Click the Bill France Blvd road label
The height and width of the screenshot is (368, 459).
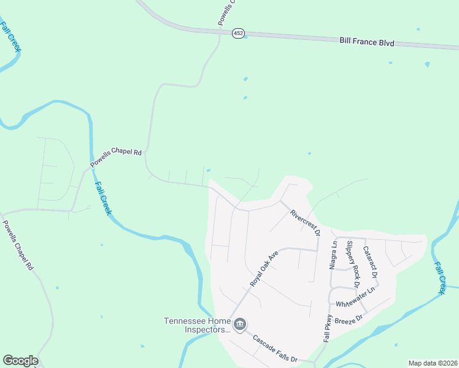[366, 43]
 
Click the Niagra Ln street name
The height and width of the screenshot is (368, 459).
[334, 255]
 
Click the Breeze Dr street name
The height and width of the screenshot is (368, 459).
[352, 317]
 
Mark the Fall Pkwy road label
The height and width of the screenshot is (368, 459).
[327, 329]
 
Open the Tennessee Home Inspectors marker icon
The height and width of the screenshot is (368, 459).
[240, 324]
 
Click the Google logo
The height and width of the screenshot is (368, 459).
[20, 361]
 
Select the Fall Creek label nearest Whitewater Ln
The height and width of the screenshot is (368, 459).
[441, 278]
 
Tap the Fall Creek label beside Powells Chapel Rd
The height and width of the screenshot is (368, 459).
[102, 197]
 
